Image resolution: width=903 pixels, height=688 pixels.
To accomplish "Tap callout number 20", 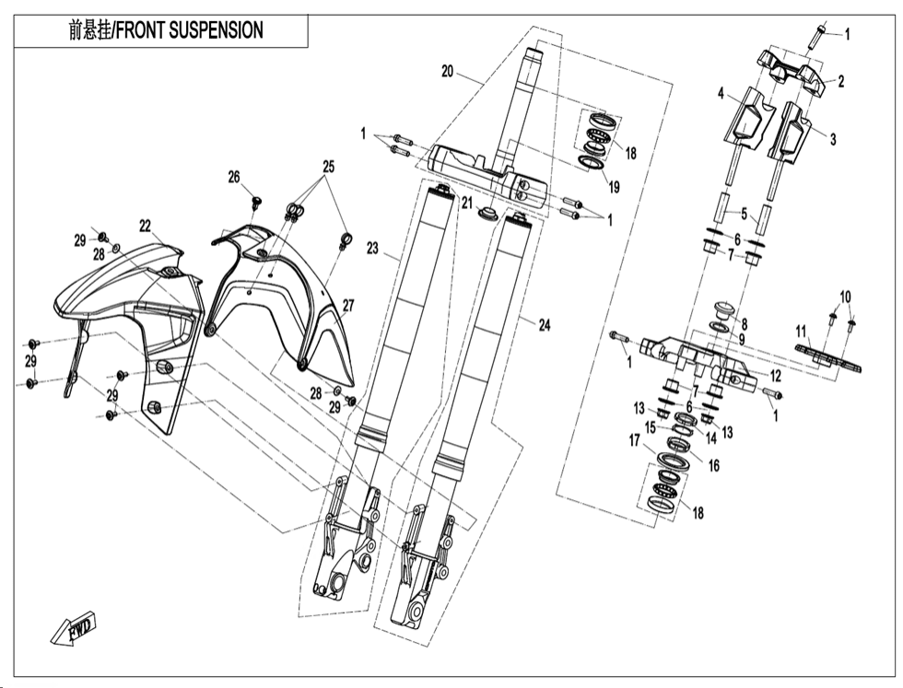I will (448, 71).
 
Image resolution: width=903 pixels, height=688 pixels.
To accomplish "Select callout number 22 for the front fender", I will (145, 225).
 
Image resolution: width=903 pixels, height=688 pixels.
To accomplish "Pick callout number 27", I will (349, 306).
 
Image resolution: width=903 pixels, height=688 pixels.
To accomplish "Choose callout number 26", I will (234, 176).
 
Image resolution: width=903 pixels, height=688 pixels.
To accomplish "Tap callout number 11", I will (802, 330).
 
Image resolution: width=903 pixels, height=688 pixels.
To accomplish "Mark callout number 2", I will (840, 81).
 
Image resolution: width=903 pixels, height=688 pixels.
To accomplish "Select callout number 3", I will (832, 140).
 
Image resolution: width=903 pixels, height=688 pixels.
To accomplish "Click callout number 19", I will (614, 186).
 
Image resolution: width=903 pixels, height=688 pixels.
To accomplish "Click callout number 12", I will (775, 375).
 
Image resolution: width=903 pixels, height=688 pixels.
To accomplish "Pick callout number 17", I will (635, 440).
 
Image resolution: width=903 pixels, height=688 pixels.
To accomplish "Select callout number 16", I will (713, 466).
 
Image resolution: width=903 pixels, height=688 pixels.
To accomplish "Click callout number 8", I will (744, 324).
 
